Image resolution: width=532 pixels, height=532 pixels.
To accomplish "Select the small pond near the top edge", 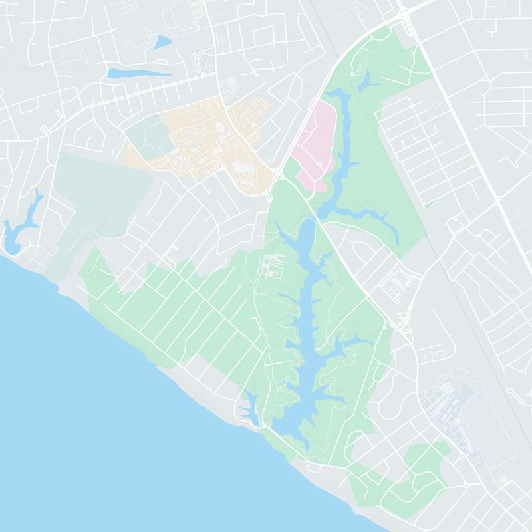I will pyautogui.click(x=162, y=43).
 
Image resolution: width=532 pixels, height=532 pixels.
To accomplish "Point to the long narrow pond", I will pyautogui.click(x=136, y=72).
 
